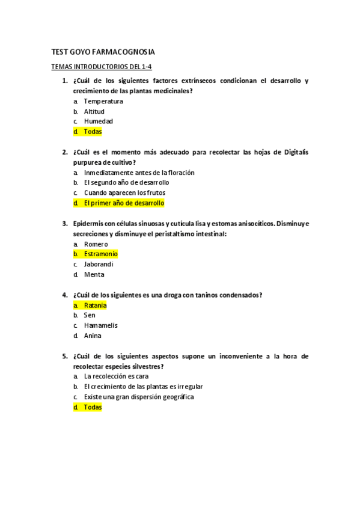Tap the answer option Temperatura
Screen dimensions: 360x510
103,101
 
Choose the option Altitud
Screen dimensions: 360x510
94,111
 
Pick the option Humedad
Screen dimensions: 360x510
98,121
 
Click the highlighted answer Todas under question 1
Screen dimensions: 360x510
93,132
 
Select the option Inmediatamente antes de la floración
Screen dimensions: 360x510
139,173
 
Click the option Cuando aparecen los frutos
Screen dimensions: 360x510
124,193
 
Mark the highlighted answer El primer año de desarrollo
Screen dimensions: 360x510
124,203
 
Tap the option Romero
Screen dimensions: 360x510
96,244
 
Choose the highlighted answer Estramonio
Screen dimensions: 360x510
100,254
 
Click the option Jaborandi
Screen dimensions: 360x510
99,265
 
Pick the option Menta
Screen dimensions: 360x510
94,275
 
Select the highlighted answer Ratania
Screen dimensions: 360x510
95,306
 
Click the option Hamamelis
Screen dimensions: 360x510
100,326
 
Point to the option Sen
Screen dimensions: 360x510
90,316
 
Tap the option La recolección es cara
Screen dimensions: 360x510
116,376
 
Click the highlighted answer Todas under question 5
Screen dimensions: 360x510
93,407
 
